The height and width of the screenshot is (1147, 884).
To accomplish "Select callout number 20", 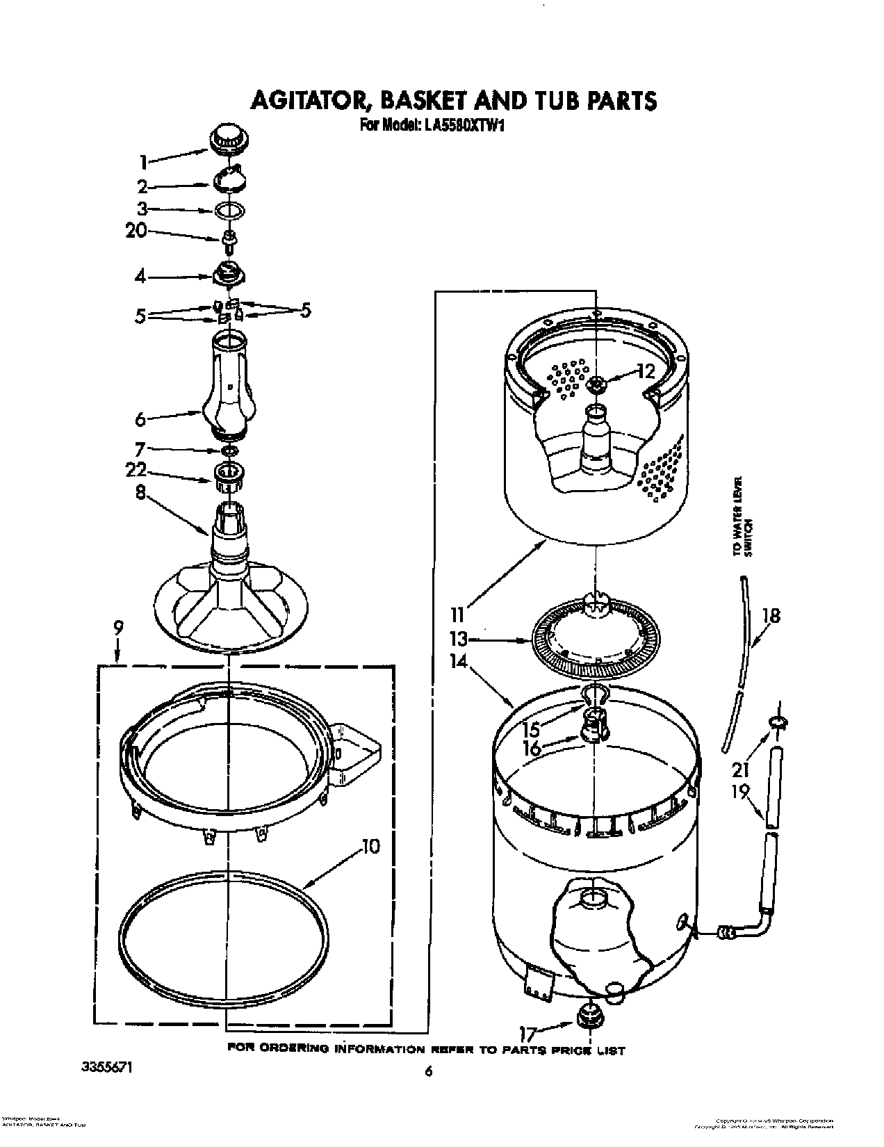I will [x=136, y=230].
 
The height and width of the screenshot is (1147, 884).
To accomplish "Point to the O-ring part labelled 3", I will [x=230, y=209].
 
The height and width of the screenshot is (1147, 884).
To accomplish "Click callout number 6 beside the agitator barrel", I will [x=140, y=419].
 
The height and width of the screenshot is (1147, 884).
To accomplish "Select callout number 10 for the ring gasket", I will [x=370, y=847].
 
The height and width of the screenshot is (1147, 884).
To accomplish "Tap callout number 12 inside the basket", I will [x=646, y=371].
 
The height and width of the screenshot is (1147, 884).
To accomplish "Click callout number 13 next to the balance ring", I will [x=459, y=639].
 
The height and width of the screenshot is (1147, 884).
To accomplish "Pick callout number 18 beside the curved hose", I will [x=771, y=616].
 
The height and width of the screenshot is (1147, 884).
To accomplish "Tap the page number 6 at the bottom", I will [x=429, y=1071].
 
